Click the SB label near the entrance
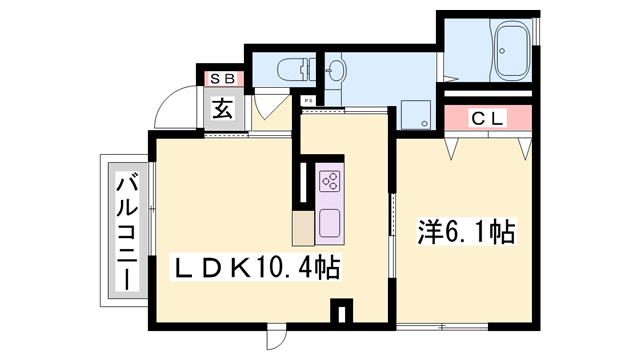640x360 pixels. pyautogui.click(x=220, y=78)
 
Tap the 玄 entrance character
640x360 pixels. pyautogui.click(x=221, y=109)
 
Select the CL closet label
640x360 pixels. pyautogui.click(x=489, y=118)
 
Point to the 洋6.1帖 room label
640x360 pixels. pyautogui.click(x=465, y=233)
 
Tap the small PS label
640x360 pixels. pyautogui.click(x=308, y=100)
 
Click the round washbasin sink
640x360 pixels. pyautogui.click(x=336, y=70)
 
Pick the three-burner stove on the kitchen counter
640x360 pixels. pyautogui.click(x=330, y=180)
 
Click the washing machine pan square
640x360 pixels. pyautogui.click(x=415, y=114)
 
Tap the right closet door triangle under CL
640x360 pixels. pyautogui.click(x=525, y=146)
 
